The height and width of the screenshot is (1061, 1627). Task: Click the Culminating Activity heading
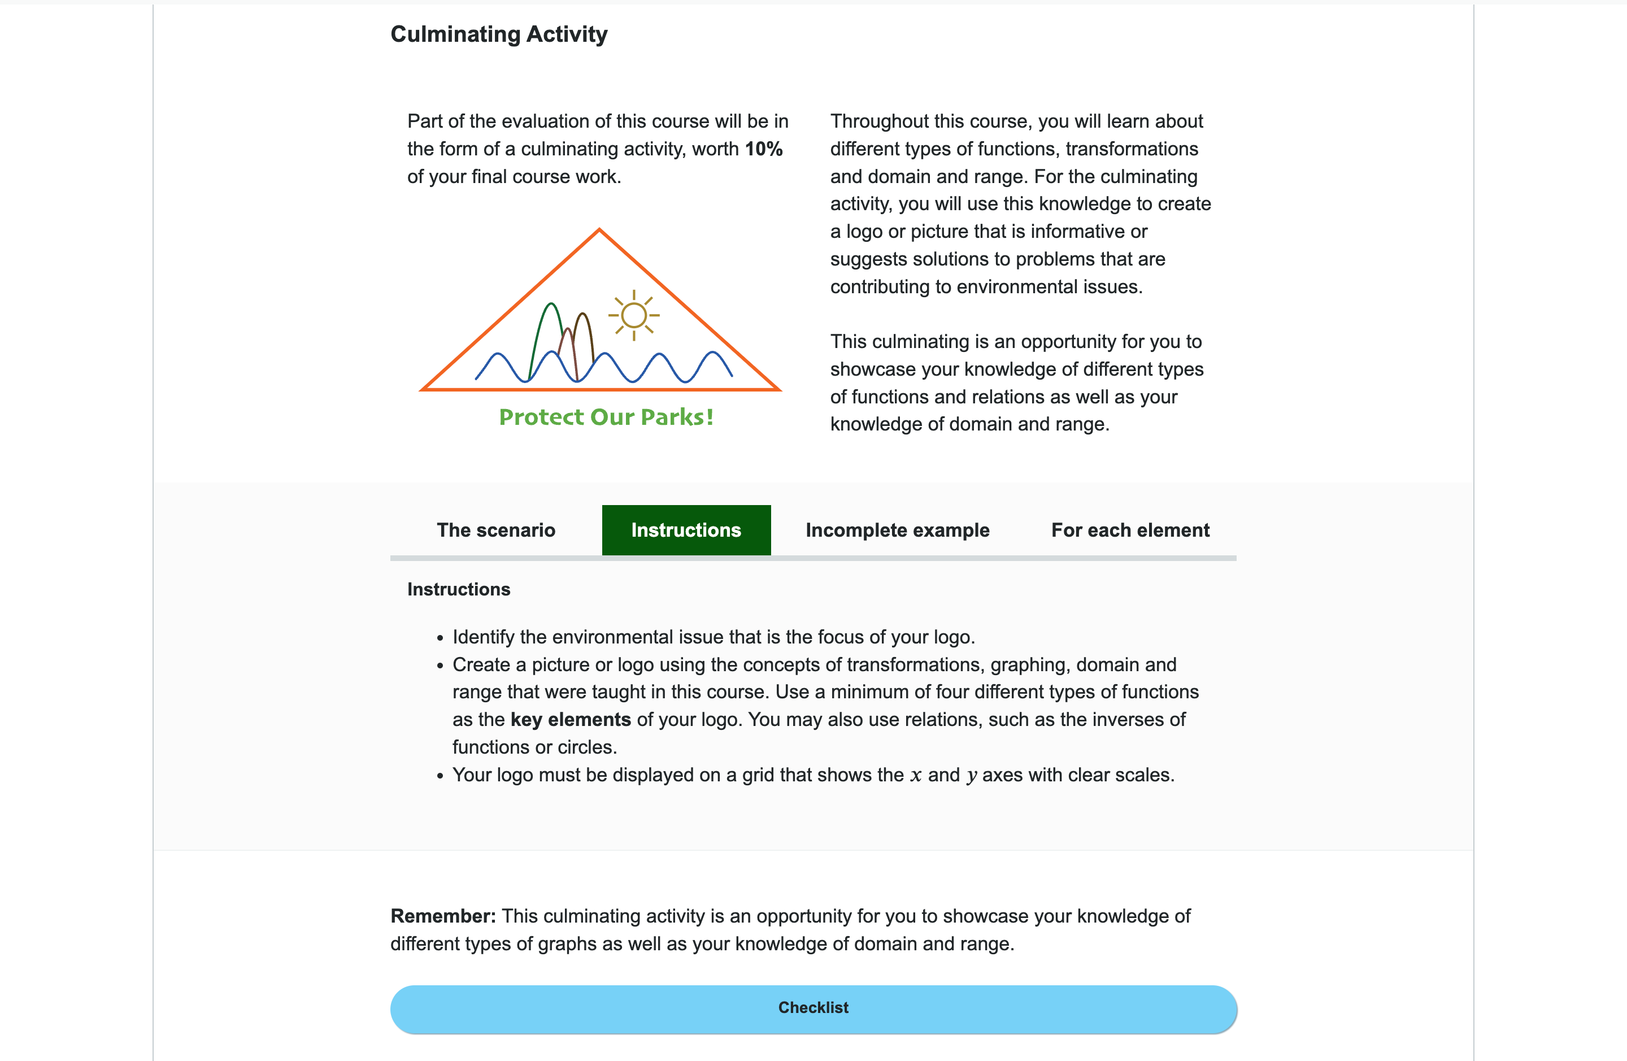tap(498, 34)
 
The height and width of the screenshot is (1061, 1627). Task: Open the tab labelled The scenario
tap(495, 530)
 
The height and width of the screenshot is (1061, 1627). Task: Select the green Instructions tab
tap(686, 530)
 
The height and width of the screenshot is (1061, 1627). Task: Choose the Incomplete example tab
tap(897, 530)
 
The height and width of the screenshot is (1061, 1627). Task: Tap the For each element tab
tap(1130, 530)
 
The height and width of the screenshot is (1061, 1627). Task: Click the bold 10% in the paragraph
tap(764, 149)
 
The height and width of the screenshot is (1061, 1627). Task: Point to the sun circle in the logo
tap(634, 315)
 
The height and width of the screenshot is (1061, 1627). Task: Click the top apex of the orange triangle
tap(599, 231)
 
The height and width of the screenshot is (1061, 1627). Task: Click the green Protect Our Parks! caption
tap(606, 417)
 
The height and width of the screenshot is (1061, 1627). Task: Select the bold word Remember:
tap(443, 916)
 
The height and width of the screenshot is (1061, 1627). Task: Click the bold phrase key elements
tap(570, 720)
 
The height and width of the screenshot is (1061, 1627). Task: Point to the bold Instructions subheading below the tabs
tap(459, 589)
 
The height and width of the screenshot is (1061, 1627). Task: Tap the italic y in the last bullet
tap(972, 776)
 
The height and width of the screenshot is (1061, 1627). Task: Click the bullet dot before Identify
tap(440, 638)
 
